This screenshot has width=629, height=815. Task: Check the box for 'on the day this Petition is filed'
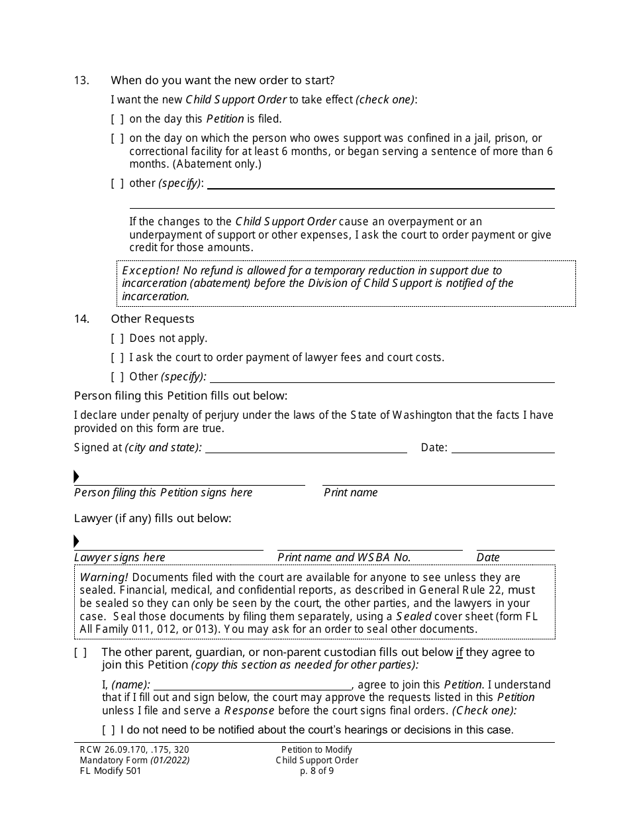(117, 119)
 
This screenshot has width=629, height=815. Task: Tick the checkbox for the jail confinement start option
(117, 138)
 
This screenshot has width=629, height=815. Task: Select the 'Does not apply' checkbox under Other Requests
(117, 339)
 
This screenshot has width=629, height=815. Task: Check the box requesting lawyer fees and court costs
(117, 358)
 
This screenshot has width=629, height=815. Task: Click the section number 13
(81, 81)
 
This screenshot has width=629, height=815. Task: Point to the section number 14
(81, 319)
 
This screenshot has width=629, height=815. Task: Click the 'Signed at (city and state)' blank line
(306, 448)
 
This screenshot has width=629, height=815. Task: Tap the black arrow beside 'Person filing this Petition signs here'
(77, 477)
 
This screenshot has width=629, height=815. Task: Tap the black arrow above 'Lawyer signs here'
(77, 541)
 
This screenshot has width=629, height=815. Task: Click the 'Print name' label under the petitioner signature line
(350, 493)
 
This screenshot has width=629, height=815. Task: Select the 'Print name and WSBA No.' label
(344, 558)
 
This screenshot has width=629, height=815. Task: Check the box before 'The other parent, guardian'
(80, 653)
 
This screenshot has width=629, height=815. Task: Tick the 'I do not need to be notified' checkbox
(109, 730)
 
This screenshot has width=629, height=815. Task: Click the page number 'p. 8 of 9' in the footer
(316, 771)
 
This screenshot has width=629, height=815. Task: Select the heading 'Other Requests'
(152, 319)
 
